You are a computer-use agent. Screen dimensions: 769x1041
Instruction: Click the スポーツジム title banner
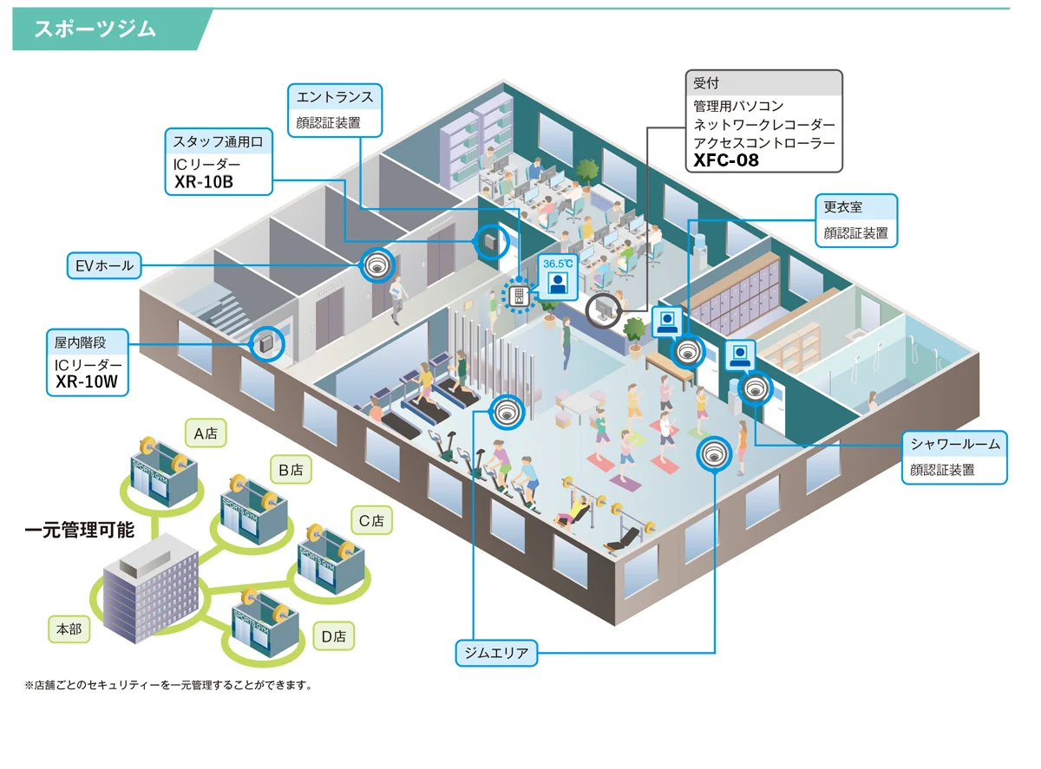pyautogui.click(x=95, y=29)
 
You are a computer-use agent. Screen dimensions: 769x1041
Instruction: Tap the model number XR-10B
pyautogui.click(x=204, y=182)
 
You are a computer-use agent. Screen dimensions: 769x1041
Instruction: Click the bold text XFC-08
pyautogui.click(x=726, y=160)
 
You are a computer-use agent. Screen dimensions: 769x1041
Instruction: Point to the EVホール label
pyautogui.click(x=103, y=265)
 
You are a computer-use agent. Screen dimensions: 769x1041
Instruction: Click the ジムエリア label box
pyautogui.click(x=497, y=653)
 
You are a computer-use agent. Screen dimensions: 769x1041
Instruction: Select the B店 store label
pyautogui.click(x=290, y=470)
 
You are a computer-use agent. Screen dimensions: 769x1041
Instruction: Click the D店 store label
pyautogui.click(x=333, y=636)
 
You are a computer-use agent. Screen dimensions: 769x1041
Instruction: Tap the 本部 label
pyautogui.click(x=69, y=629)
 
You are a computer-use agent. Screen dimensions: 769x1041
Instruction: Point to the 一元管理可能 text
pyautogui.click(x=79, y=530)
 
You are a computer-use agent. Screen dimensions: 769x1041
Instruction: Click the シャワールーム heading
pyautogui.click(x=955, y=445)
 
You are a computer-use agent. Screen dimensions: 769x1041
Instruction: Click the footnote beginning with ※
pyautogui.click(x=168, y=685)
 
